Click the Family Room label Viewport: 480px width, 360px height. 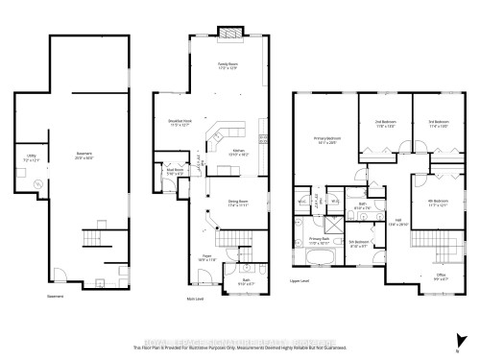227,65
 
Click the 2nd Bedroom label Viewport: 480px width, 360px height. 386,123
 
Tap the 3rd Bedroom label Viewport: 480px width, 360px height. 438,123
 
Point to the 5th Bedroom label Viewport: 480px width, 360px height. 358,243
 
